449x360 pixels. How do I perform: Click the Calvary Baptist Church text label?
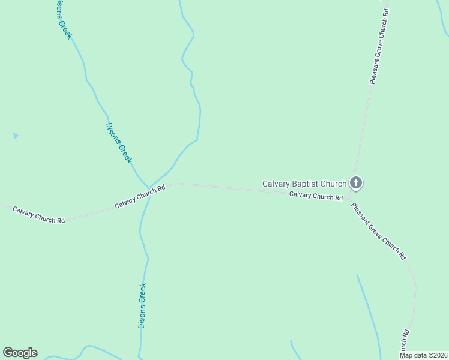pyautogui.click(x=304, y=184)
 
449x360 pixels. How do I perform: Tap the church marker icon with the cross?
pyautogui.click(x=356, y=183)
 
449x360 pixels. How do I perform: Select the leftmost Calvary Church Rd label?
pyautogui.click(x=38, y=215)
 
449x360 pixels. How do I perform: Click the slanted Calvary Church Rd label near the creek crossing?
pyautogui.click(x=140, y=197)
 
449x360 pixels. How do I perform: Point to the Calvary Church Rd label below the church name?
pyautogui.click(x=316, y=196)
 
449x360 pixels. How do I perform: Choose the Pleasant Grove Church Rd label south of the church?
pyautogui.click(x=379, y=231)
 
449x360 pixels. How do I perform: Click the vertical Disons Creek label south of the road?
pyautogui.click(x=142, y=305)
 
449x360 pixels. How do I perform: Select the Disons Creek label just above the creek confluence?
pyautogui.click(x=118, y=143)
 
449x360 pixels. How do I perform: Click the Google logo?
pyautogui.click(x=20, y=353)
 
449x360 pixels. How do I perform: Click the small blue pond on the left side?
pyautogui.click(x=16, y=136)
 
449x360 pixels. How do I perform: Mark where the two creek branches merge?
pyautogui.click(x=148, y=187)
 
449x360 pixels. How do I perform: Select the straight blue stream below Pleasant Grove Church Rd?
pyautogui.click(x=368, y=309)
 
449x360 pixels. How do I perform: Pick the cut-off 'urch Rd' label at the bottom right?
pyautogui.click(x=406, y=343)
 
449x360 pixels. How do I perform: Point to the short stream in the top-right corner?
pyautogui.click(x=445, y=9)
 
